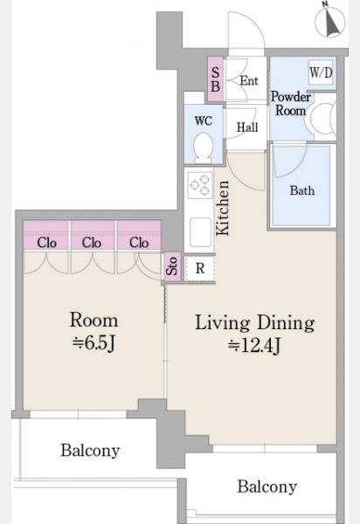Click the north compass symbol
tap(329, 22)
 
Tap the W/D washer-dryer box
tap(321, 72)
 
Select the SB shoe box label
tap(215, 79)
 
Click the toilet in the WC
tap(204, 147)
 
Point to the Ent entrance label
tap(249, 80)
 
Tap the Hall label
tap(247, 128)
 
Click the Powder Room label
tap(290, 104)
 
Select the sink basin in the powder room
tap(322, 118)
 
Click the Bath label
tap(302, 190)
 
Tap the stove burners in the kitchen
tap(200, 185)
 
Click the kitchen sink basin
tap(200, 232)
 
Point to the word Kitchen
tap(223, 208)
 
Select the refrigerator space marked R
tap(199, 268)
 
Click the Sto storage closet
tap(172, 266)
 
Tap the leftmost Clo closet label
tap(47, 243)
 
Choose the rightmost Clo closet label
tap(139, 243)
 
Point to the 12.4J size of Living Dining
tap(254, 346)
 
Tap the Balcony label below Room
tap(90, 451)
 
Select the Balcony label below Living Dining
tap(267, 487)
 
